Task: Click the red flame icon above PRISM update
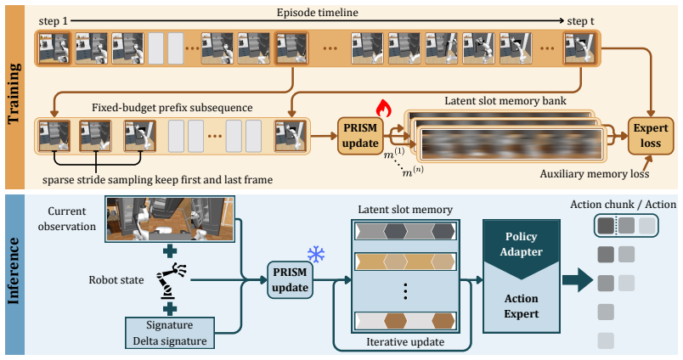tap(383, 108)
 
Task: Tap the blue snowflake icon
tap(316, 254)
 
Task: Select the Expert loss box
tap(651, 136)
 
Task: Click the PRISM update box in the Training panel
tap(360, 136)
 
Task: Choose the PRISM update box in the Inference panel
tap(290, 280)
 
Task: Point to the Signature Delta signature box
tap(170, 333)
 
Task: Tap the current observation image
tap(170, 218)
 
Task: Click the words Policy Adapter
tap(521, 245)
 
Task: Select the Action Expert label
tap(521, 306)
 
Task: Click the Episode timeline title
tap(318, 13)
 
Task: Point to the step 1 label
tap(54, 21)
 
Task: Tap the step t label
tap(581, 21)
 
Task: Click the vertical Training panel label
tap(14, 93)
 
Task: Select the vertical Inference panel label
tap(14, 271)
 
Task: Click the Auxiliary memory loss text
tap(595, 174)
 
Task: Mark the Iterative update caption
tap(405, 342)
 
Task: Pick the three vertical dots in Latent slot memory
tap(405, 290)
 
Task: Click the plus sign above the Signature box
tap(170, 309)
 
